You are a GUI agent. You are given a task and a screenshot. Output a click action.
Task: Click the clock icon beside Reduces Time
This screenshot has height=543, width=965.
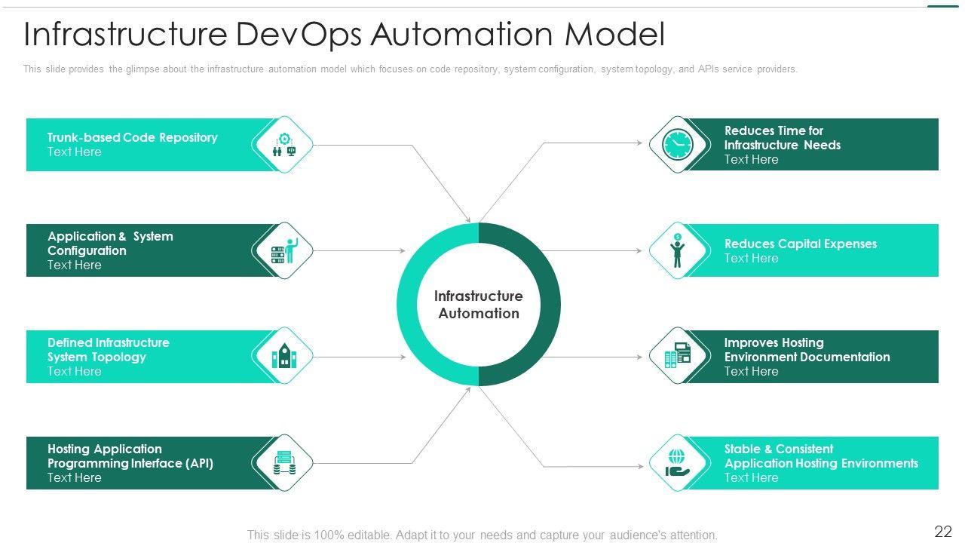pyautogui.click(x=677, y=144)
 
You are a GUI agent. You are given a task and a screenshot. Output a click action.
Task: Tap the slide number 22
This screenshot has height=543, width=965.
pyautogui.click(x=943, y=532)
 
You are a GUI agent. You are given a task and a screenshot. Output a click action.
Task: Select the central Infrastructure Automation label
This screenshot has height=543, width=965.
pyautogui.click(x=479, y=305)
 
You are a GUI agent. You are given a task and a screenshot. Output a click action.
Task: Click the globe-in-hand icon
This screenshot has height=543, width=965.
pyautogui.click(x=677, y=463)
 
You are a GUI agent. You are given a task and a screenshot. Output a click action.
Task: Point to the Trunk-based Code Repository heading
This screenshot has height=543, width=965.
pyautogui.click(x=132, y=137)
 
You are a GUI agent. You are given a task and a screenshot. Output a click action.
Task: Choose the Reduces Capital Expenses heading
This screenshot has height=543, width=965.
pyautogui.click(x=800, y=244)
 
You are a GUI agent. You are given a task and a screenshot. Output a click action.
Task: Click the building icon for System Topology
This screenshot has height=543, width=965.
pyautogui.click(x=283, y=356)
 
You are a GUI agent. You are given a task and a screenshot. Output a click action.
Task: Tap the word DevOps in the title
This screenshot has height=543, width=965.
pyautogui.click(x=302, y=35)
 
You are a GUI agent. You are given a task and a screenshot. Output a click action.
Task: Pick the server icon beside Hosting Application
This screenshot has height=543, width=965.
pyautogui.click(x=283, y=463)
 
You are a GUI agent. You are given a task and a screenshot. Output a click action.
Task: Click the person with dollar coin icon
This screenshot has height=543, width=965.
pyautogui.click(x=677, y=250)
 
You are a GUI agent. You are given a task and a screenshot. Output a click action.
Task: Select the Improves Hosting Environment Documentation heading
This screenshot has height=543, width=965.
pyautogui.click(x=807, y=350)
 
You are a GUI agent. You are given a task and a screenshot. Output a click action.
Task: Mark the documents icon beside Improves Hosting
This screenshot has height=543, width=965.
pyautogui.click(x=677, y=356)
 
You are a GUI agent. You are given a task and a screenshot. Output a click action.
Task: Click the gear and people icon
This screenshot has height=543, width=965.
pyautogui.click(x=283, y=144)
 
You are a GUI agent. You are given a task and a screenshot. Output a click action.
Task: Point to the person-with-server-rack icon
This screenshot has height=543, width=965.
pyautogui.click(x=283, y=250)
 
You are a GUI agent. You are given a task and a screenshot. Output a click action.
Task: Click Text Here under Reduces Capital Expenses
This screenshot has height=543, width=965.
pyautogui.click(x=751, y=258)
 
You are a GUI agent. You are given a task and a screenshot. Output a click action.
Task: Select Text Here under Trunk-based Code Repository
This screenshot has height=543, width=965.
pyautogui.click(x=74, y=152)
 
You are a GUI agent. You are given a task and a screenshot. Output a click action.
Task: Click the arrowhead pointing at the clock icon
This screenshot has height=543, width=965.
pyautogui.click(x=641, y=142)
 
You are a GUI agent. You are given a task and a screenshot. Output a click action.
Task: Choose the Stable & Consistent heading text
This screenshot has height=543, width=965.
pyautogui.click(x=779, y=449)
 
